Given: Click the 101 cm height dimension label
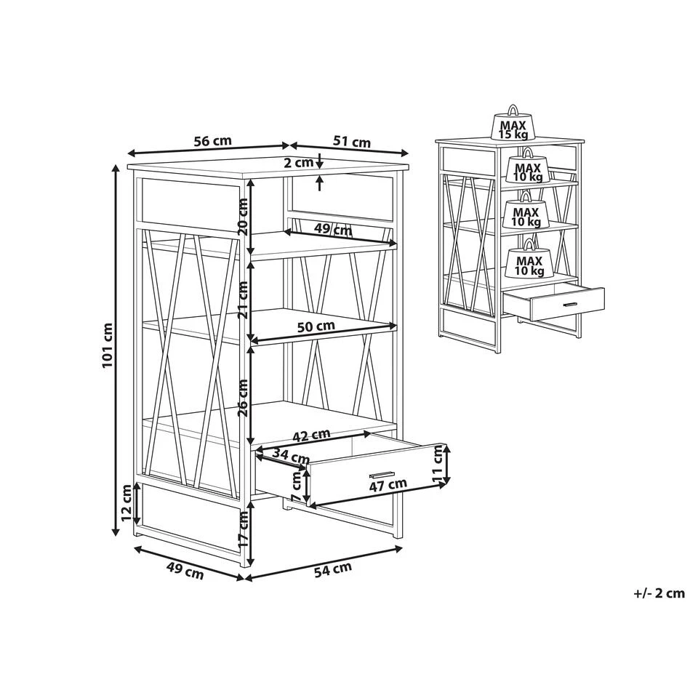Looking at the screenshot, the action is click(108, 345).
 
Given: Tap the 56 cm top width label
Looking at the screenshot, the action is click(213, 141).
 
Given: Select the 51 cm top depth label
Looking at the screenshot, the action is click(352, 142).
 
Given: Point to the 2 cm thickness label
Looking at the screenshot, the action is click(299, 163).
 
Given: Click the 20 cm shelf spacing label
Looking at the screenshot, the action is click(243, 217).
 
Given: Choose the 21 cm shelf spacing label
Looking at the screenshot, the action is click(243, 300).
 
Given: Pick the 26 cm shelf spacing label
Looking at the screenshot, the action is click(243, 398).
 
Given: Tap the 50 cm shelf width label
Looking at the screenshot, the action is click(316, 326).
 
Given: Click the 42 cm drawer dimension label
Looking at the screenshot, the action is click(311, 435).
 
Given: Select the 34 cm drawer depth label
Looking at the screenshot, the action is click(291, 456).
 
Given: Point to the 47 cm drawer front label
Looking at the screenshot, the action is click(388, 484).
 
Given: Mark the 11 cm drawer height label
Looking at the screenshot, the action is click(439, 464).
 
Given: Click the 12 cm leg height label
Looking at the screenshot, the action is click(127, 503).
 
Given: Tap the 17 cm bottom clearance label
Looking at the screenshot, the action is click(243, 530).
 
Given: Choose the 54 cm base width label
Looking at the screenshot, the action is click(333, 569).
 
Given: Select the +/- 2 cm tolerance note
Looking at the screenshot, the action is click(659, 593).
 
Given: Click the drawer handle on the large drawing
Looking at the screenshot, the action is click(382, 473).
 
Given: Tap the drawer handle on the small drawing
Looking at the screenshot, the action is click(570, 305).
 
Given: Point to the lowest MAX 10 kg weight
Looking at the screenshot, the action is click(529, 260).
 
